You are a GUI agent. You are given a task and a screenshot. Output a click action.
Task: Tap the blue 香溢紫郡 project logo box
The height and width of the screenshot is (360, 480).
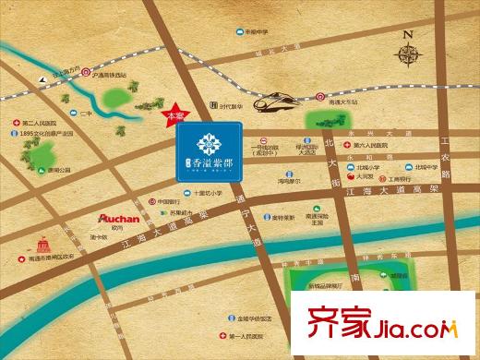(x=208, y=156)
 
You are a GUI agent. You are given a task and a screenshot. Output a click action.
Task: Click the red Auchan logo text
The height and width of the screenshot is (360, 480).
(x=118, y=220)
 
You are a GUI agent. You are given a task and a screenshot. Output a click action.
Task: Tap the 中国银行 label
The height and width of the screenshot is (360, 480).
(x=167, y=201)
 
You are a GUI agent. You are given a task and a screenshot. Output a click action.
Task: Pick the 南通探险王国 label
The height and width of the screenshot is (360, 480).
(x=320, y=218)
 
